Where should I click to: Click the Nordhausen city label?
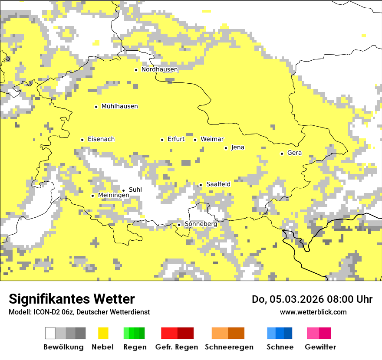click(x=159, y=69)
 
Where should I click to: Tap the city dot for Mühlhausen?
click(x=96, y=107)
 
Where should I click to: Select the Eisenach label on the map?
click(x=101, y=139)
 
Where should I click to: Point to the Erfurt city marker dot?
click(x=162, y=140)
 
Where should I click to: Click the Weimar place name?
click(x=212, y=139)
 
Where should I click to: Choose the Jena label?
click(x=237, y=147)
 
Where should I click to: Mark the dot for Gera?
click(x=282, y=153)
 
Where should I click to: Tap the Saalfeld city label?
click(x=218, y=184)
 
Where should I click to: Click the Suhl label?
click(x=135, y=190)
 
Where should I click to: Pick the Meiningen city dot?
click(x=92, y=196)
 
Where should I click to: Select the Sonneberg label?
click(x=201, y=224)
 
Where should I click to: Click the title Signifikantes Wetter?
click(x=72, y=299)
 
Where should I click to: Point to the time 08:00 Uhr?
click(x=343, y=299)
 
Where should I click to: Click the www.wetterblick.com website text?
click(x=313, y=312)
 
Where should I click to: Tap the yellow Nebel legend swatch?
click(x=103, y=333)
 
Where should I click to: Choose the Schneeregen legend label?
click(x=229, y=347)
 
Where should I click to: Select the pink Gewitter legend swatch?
click(x=313, y=333)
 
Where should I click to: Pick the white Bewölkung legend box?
click(x=50, y=333)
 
